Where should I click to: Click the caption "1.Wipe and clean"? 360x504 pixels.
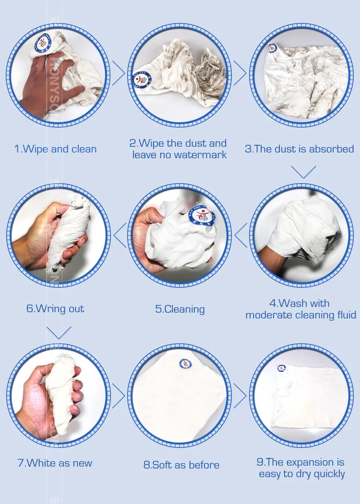[x=55, y=149]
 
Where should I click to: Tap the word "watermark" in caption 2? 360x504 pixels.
[x=201, y=154]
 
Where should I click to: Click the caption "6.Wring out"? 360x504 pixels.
[x=55, y=309]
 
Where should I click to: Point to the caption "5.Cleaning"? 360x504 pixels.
[x=180, y=309]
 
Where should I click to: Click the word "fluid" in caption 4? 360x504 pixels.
[x=347, y=315]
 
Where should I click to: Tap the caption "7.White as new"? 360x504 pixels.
[x=55, y=463]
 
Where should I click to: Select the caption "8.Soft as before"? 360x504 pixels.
[x=181, y=465]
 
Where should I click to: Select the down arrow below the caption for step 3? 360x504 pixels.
[x=303, y=172]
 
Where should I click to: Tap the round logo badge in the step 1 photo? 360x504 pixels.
[x=43, y=42]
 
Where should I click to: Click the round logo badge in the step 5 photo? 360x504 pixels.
[x=203, y=214]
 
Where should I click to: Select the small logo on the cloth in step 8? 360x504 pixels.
[x=185, y=363]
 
